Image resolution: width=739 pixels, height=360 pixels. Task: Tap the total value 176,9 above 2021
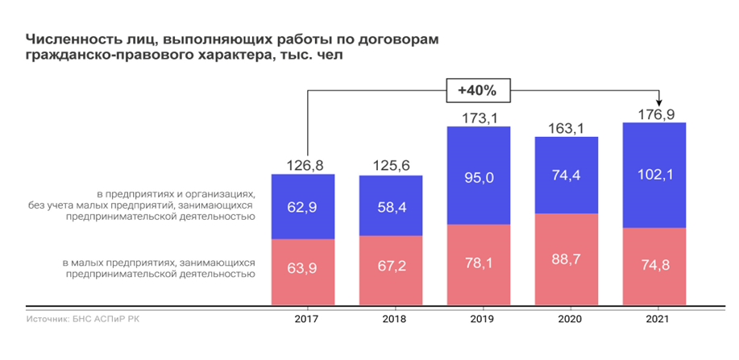[x=654, y=115]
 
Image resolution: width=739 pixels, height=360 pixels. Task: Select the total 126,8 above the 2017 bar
[x=303, y=166]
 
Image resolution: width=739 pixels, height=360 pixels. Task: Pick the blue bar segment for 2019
[x=479, y=176]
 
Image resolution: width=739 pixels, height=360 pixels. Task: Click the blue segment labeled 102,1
[x=654, y=175]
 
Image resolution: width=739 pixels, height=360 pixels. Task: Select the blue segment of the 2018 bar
[x=391, y=205]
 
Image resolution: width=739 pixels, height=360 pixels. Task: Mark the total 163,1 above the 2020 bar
[x=567, y=128]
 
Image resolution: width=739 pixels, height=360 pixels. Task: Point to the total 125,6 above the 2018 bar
[x=391, y=166]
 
